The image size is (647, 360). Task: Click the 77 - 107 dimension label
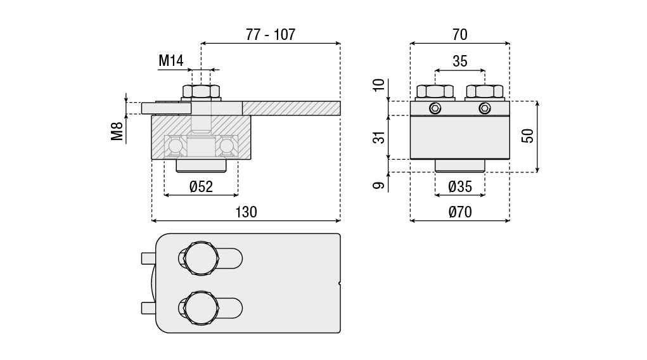click(271, 35)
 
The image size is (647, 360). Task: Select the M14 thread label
click(171, 61)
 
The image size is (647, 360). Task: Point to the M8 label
click(118, 131)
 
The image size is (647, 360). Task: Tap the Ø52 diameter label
click(201, 186)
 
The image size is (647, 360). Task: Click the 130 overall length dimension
click(246, 212)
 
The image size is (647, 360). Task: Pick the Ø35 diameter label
click(459, 186)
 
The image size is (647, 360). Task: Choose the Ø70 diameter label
click(459, 212)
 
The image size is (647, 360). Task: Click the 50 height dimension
click(528, 136)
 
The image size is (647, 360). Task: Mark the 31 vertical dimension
click(379, 137)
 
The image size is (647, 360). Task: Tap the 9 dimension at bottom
click(379, 186)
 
